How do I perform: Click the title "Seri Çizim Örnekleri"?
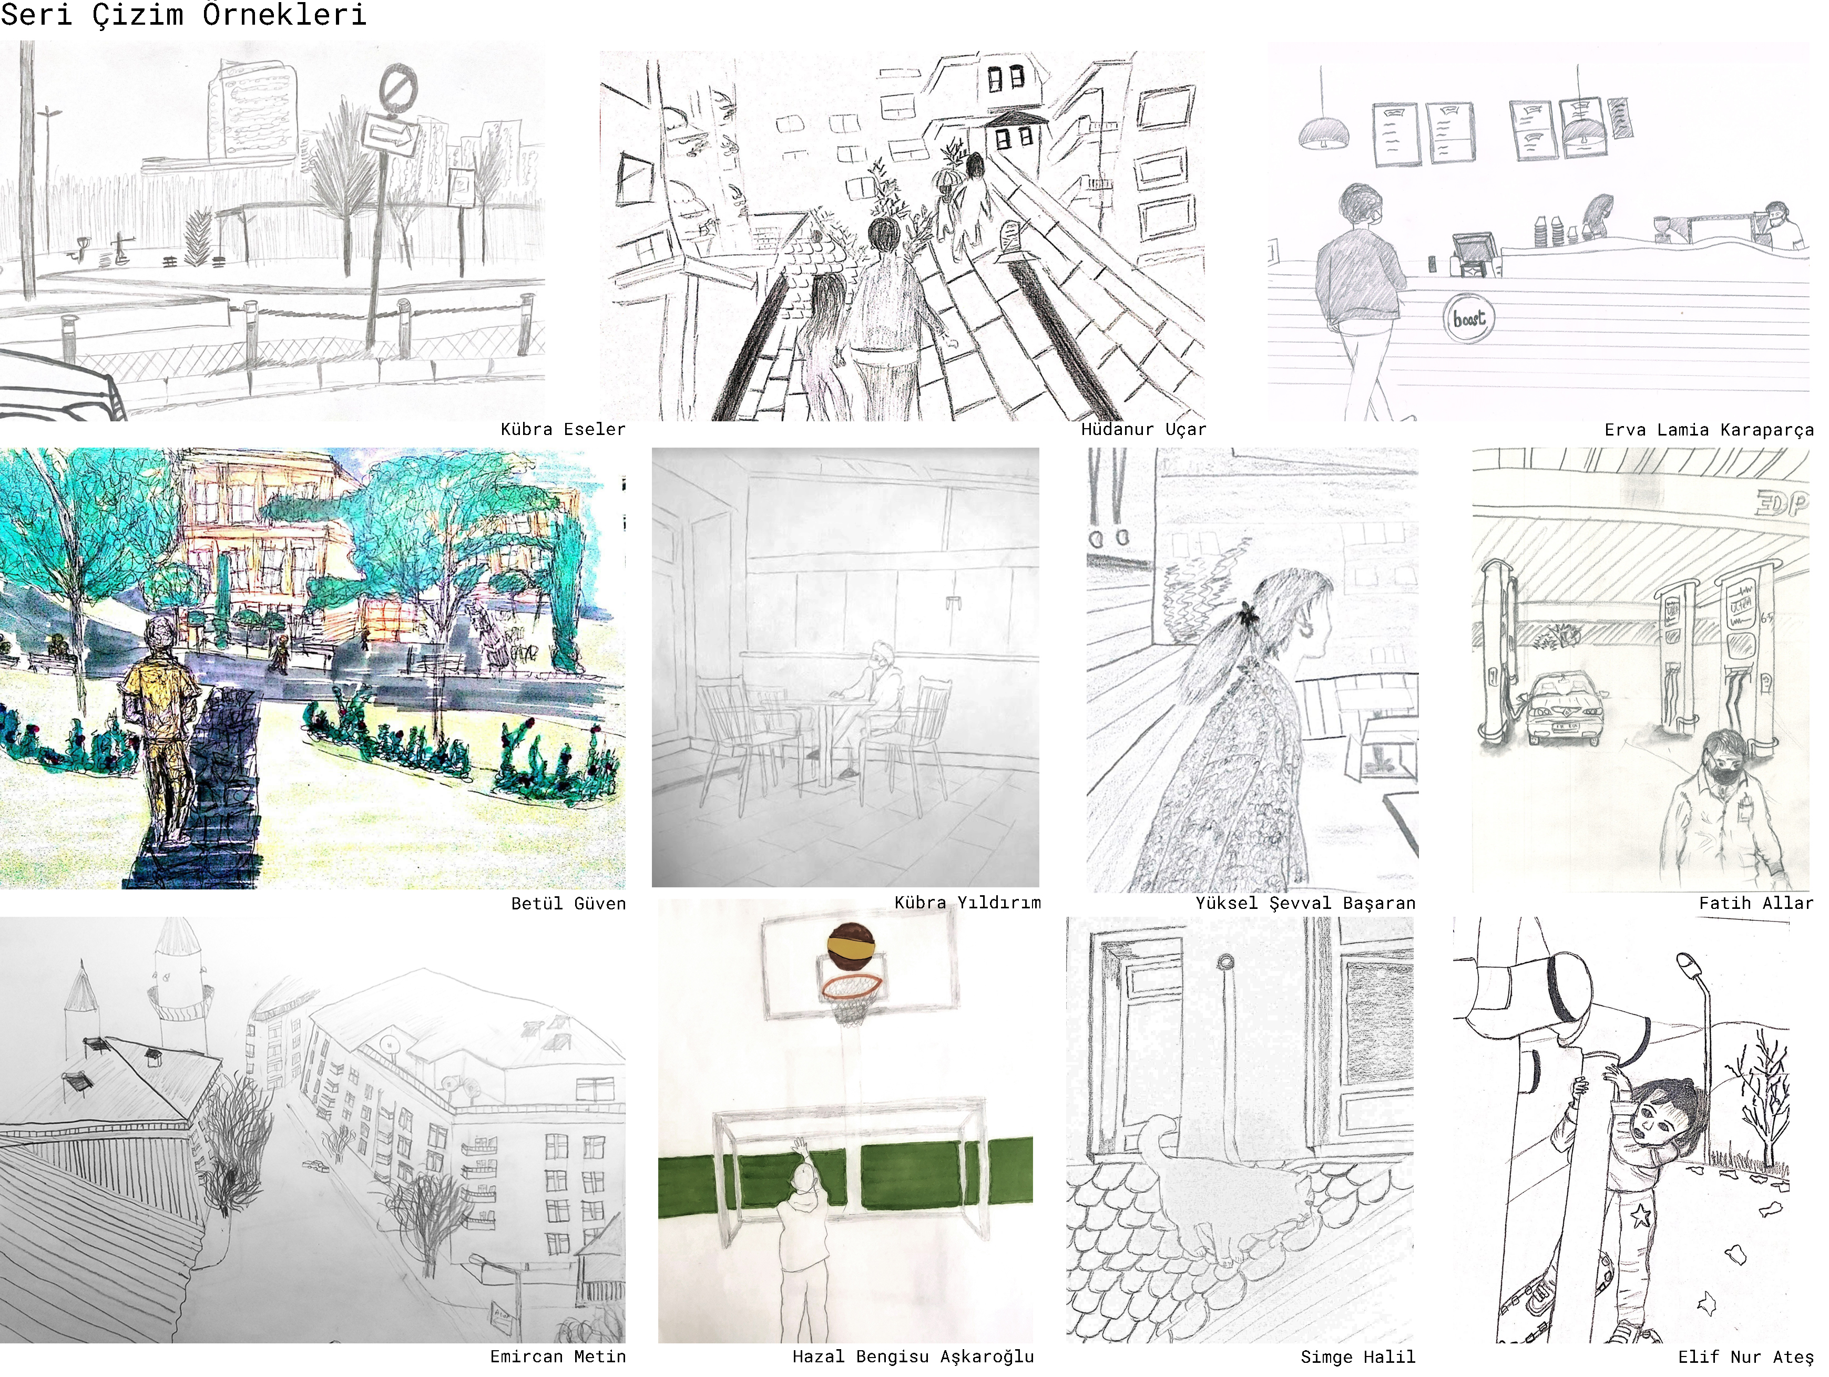(x=183, y=14)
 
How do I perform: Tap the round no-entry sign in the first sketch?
(x=399, y=89)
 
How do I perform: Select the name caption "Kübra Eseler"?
(x=563, y=429)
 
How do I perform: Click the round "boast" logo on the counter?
(x=1468, y=318)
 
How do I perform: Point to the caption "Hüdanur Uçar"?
(x=1143, y=429)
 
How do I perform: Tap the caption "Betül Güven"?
(x=569, y=904)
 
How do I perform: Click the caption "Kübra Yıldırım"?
(x=967, y=903)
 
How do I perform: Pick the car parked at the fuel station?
(x=1565, y=707)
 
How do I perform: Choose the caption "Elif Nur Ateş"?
(x=1745, y=1357)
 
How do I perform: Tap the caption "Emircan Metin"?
(x=558, y=1357)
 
